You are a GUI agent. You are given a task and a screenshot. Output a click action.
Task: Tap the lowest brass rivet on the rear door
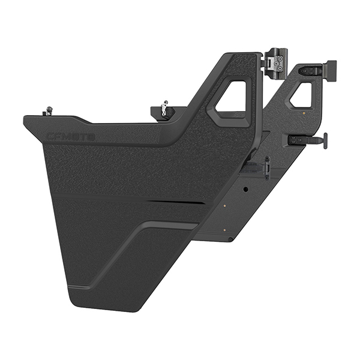click(x=224, y=229)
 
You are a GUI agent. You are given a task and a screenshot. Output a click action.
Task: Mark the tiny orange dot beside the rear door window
click(x=304, y=112)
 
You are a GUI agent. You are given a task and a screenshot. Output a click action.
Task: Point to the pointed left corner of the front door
click(x=25, y=119)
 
